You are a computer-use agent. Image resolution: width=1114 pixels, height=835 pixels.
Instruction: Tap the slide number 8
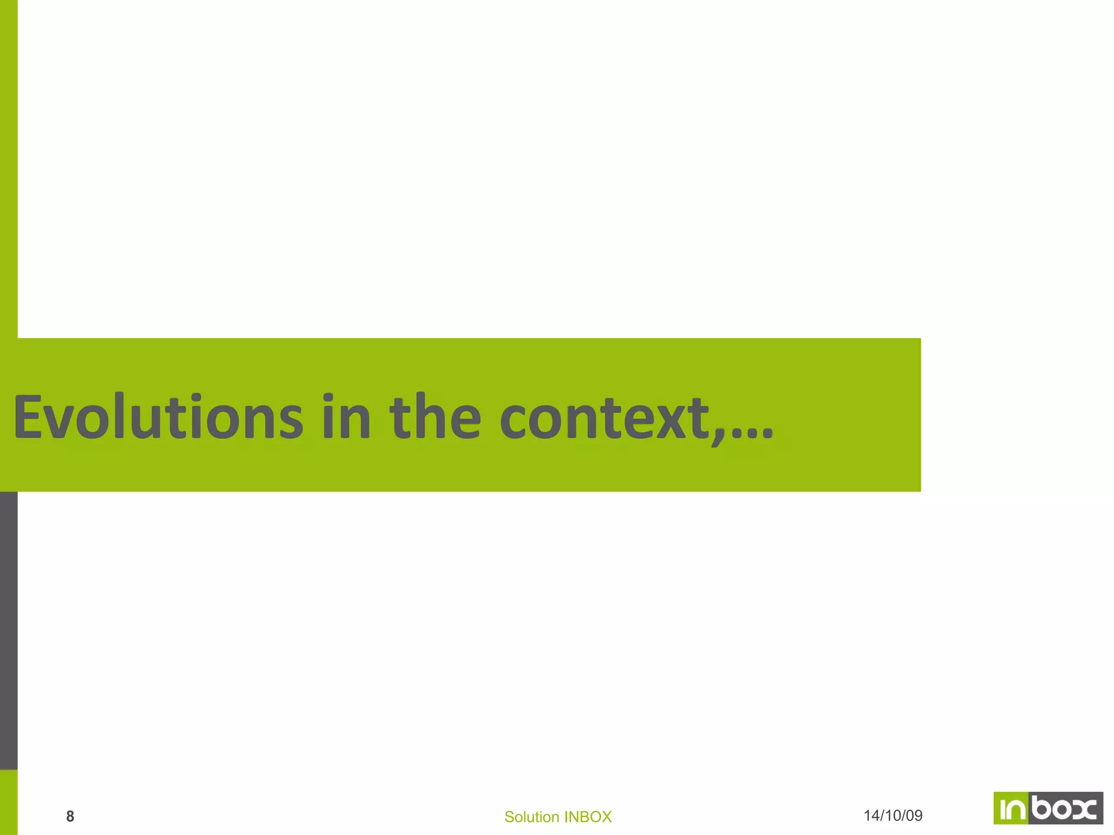coord(70,816)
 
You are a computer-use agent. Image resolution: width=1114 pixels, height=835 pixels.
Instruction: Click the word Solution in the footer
coord(532,817)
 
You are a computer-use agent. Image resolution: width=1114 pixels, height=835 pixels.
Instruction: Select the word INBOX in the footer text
coord(588,817)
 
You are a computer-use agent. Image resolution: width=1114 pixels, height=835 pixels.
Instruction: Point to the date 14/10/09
coord(893,815)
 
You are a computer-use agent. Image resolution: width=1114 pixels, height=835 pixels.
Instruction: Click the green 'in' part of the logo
coord(1011,808)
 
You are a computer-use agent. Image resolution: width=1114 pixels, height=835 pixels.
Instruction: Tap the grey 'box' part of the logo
coord(1065,808)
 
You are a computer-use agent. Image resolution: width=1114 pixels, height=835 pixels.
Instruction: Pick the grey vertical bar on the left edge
coord(9,631)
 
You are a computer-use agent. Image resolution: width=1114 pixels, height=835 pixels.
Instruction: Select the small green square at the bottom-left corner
coord(9,802)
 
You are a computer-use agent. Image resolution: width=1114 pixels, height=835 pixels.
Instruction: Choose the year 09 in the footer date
coord(915,815)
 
